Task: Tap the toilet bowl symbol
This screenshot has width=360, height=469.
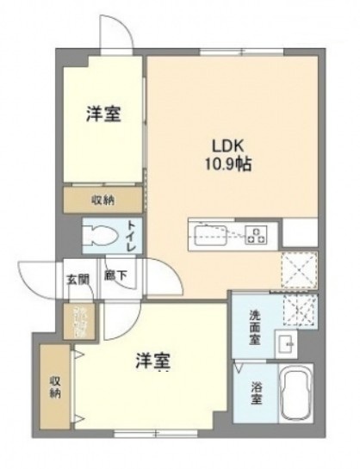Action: click(99, 235)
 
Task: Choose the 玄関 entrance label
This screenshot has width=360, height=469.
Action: click(75, 277)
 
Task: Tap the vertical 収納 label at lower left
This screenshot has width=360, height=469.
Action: click(55, 386)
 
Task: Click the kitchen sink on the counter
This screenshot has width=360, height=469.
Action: click(207, 232)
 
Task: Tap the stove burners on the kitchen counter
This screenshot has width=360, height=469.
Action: click(256, 232)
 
